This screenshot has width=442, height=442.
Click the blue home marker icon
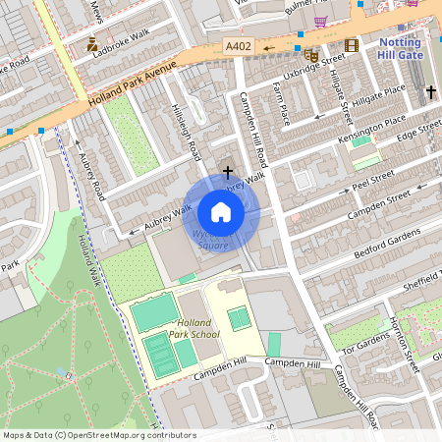pos(221,211)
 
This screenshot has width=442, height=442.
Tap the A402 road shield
pos(238,46)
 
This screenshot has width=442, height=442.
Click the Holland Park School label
pos(193,328)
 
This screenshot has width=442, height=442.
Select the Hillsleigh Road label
pos(188,133)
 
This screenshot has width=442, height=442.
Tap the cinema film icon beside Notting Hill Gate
pos(351,45)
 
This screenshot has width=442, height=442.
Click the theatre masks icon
pos(312,55)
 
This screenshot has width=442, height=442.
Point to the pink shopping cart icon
pos(320,21)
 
